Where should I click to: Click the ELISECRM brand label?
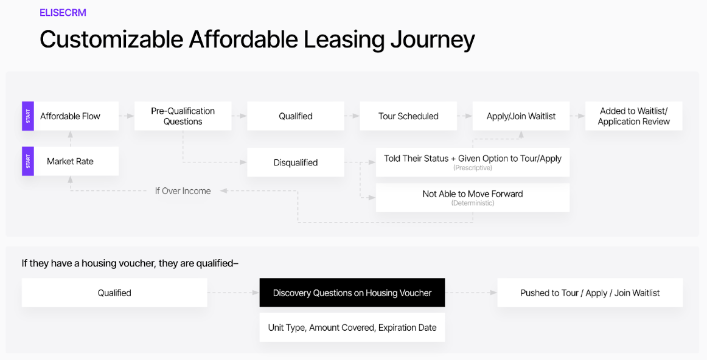point(63,13)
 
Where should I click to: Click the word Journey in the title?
point(433,40)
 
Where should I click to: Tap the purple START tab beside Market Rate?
point(28,161)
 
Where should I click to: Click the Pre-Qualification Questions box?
point(183,116)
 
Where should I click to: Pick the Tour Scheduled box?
point(408,116)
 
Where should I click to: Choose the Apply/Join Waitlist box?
point(521,116)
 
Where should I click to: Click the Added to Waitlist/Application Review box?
point(634,116)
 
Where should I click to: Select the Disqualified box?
point(296,162)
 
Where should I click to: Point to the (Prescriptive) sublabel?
point(473,168)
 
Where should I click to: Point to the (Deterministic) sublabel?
point(473,203)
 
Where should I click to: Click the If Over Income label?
point(183,191)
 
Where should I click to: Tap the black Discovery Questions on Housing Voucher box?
point(352,293)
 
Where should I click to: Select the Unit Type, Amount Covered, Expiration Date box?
point(352,328)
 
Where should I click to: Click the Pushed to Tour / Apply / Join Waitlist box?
point(590,293)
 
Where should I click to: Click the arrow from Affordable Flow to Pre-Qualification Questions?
point(127,116)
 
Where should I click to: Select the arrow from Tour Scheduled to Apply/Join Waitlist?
point(465,116)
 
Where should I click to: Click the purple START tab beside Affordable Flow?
point(28,116)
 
